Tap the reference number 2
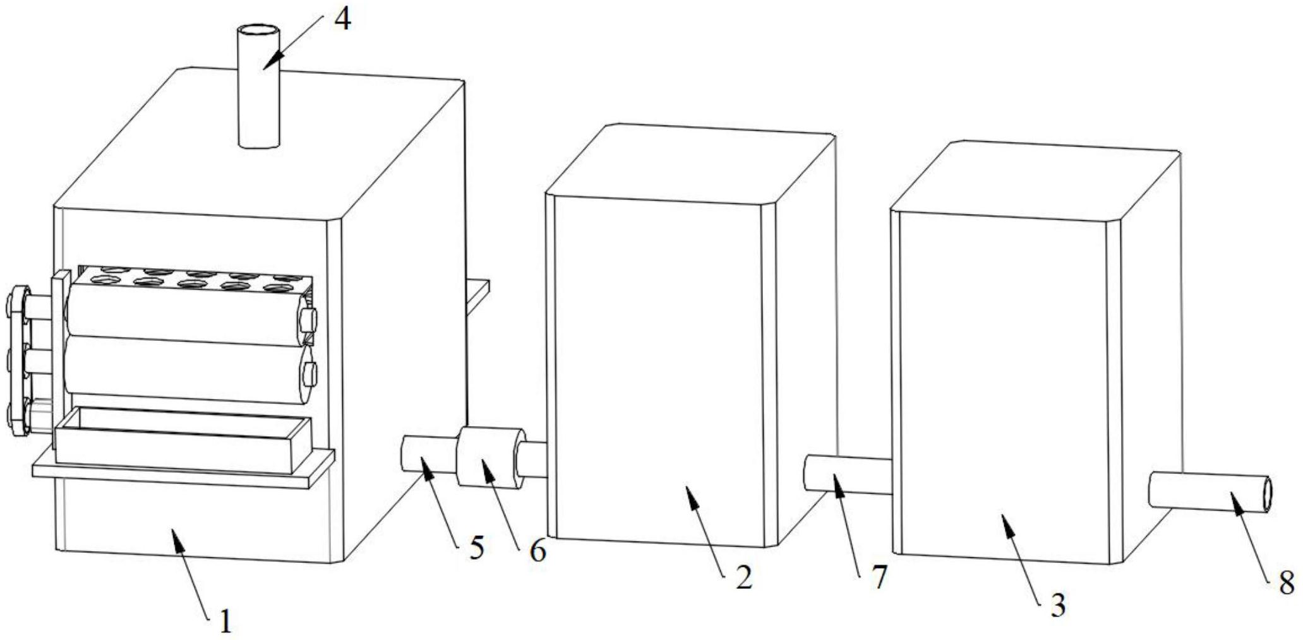[x=744, y=577]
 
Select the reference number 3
[x=1058, y=605]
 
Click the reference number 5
[x=477, y=547]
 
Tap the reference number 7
[x=880, y=576]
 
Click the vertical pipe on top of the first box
[x=259, y=86]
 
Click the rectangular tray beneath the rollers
[x=183, y=441]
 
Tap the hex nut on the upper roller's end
[x=309, y=319]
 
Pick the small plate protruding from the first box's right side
[x=478, y=295]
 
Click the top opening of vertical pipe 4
[x=259, y=30]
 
